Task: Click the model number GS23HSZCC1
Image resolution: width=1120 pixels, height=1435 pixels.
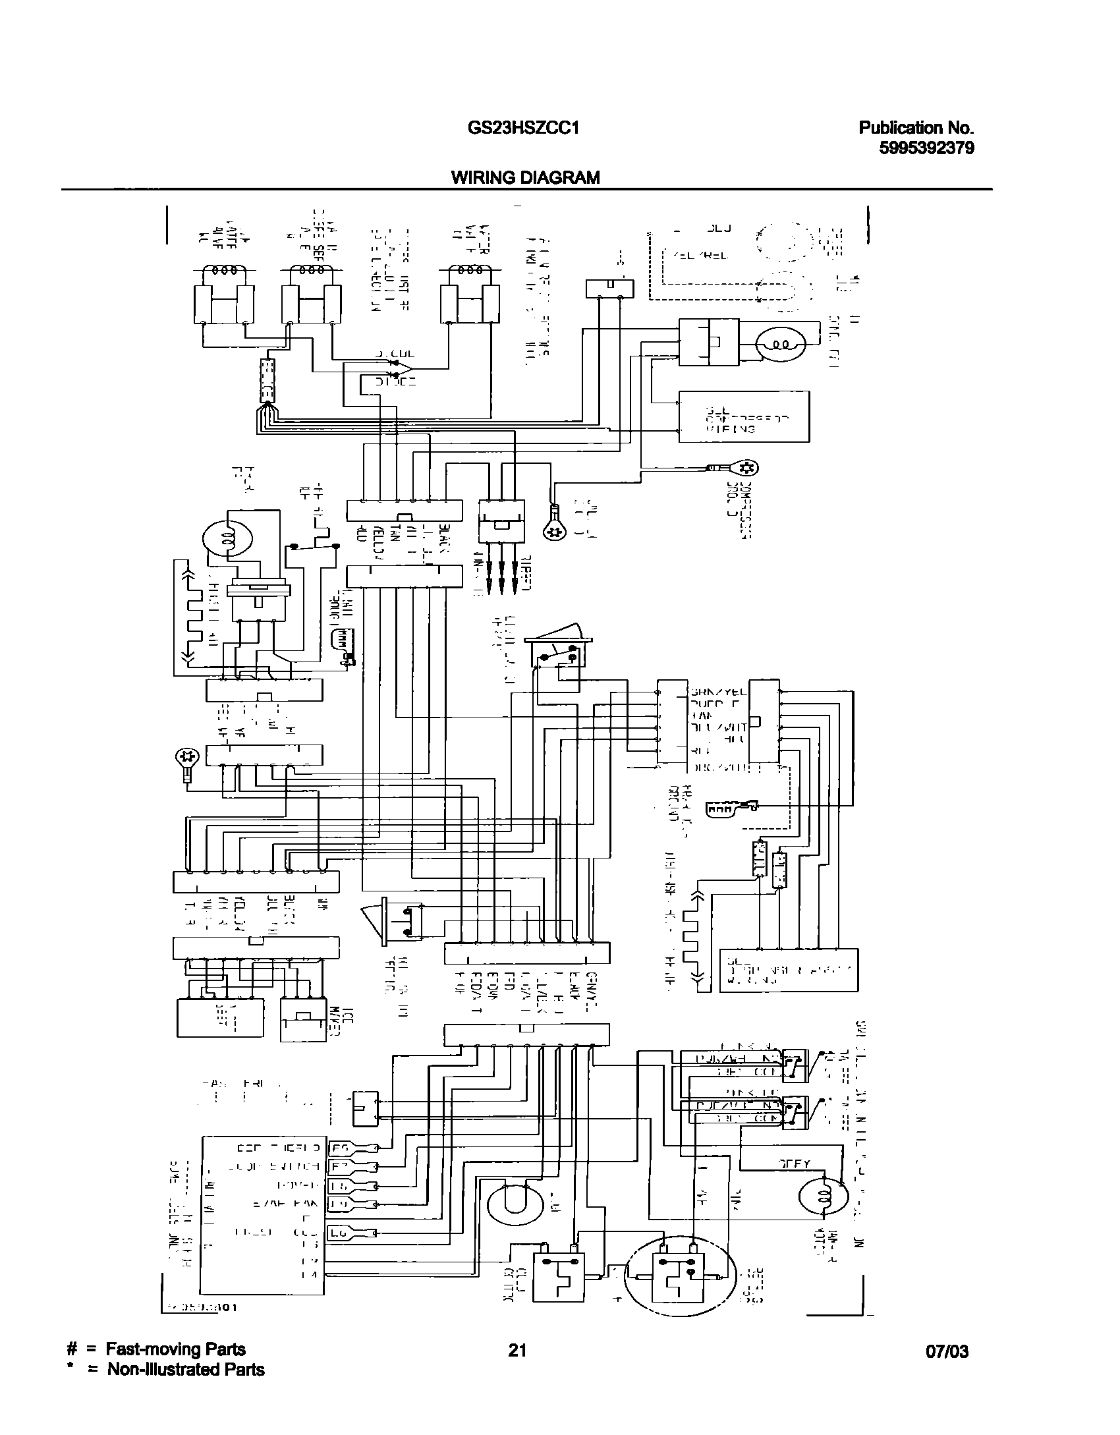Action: (523, 128)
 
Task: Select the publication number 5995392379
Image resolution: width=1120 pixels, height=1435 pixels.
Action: (926, 148)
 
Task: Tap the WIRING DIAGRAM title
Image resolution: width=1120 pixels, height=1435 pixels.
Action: (525, 177)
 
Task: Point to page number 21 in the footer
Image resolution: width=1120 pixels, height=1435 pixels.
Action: (517, 1351)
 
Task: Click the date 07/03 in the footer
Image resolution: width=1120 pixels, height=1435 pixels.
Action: (947, 1352)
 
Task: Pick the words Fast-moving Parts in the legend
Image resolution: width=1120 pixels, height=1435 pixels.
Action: (176, 1350)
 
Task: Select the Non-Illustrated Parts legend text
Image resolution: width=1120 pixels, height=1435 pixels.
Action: (186, 1370)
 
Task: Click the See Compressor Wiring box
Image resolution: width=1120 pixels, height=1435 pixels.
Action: (744, 417)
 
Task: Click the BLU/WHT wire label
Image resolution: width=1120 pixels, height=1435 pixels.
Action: (718, 727)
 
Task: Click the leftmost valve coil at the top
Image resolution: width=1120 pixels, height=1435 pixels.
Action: (222, 271)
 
